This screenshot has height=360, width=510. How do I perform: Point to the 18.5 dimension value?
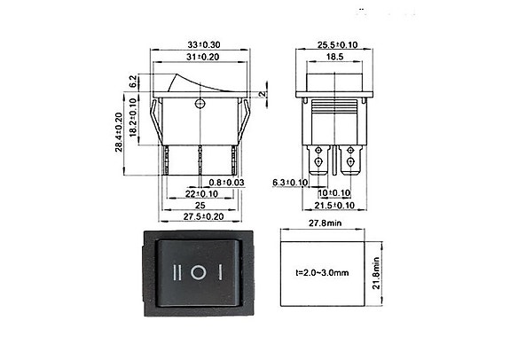(x=334, y=56)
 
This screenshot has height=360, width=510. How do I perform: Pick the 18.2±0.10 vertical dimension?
(x=134, y=117)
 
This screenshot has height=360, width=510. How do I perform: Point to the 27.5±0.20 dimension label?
(x=202, y=216)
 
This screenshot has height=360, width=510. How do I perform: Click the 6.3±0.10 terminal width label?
(x=289, y=182)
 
